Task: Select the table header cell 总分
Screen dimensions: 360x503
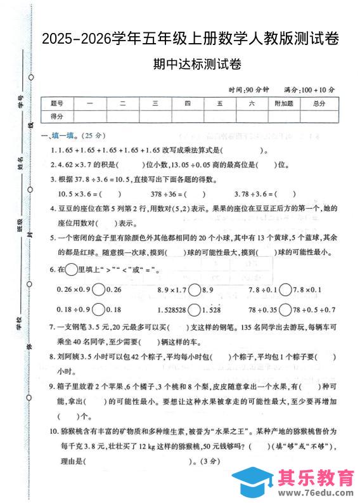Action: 319,103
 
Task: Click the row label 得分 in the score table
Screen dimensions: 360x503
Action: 57,115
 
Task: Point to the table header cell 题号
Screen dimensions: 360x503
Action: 57,103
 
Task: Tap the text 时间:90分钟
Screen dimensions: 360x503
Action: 250,89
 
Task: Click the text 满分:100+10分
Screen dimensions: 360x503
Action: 311,89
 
